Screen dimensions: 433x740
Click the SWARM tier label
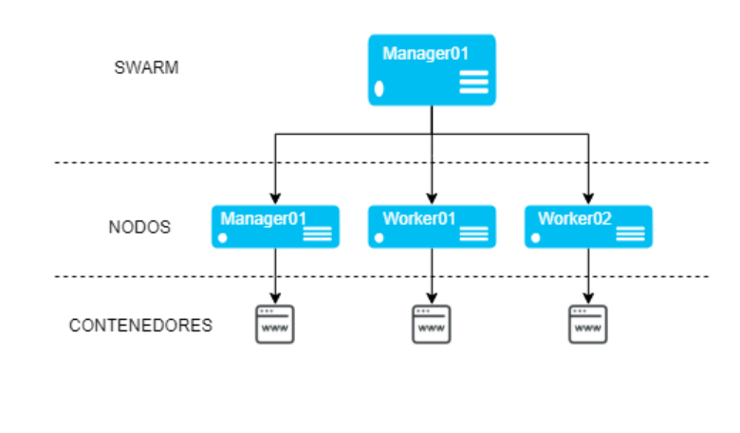146,68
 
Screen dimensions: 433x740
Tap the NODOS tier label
139,228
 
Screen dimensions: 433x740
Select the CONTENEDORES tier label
140,326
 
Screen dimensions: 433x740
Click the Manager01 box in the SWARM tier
432,70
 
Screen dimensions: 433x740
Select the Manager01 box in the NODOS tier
274,227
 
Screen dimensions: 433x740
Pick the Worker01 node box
432,227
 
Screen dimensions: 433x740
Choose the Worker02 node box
588,227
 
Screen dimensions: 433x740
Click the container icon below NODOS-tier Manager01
275,324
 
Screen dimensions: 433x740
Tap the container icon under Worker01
432,324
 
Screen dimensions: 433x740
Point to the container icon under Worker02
588,324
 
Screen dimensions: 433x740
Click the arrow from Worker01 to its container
432,275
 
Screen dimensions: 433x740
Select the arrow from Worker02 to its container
588,275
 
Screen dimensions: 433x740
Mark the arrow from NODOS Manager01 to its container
275,275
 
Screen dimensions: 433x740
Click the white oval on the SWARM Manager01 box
379,89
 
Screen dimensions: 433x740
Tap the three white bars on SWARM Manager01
473,83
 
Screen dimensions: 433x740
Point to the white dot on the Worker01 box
379,237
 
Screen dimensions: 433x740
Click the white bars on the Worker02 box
630,234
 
